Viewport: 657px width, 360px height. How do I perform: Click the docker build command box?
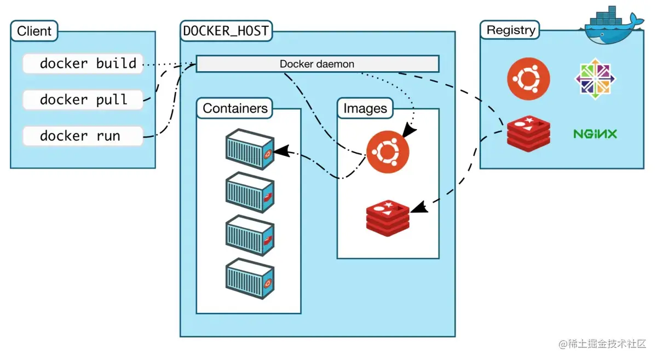coord(83,63)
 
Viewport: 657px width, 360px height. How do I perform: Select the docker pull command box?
coord(83,100)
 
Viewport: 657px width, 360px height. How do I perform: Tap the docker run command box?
coord(83,136)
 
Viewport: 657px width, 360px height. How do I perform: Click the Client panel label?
coord(34,31)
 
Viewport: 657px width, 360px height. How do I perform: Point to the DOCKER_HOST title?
coord(226,31)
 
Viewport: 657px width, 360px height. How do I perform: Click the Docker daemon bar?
coord(317,64)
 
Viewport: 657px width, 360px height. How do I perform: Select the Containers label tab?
coord(235,108)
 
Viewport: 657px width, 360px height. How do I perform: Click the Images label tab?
coord(365,108)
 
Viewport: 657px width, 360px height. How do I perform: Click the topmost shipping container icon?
coord(250,149)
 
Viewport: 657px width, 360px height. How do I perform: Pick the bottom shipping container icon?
coord(250,279)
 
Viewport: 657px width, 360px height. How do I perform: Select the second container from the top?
coord(250,193)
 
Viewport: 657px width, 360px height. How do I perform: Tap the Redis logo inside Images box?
coord(388,218)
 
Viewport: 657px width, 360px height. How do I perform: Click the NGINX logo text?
coord(595,134)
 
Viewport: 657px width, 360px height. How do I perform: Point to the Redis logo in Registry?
coord(528,133)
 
